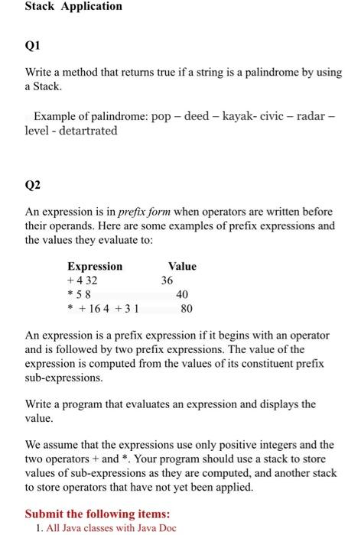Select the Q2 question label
pyautogui.click(x=33, y=186)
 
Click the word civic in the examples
pyautogui.click(x=272, y=117)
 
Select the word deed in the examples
pyautogui.click(x=192, y=117)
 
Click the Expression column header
pyautogui.click(x=95, y=266)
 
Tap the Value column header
pyautogui.click(x=182, y=266)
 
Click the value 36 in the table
pyautogui.click(x=167, y=280)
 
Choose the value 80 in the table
pyautogui.click(x=186, y=310)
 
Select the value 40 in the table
pyautogui.click(x=182, y=295)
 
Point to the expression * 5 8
pyautogui.click(x=80, y=295)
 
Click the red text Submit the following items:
pyautogui.click(x=97, y=514)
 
